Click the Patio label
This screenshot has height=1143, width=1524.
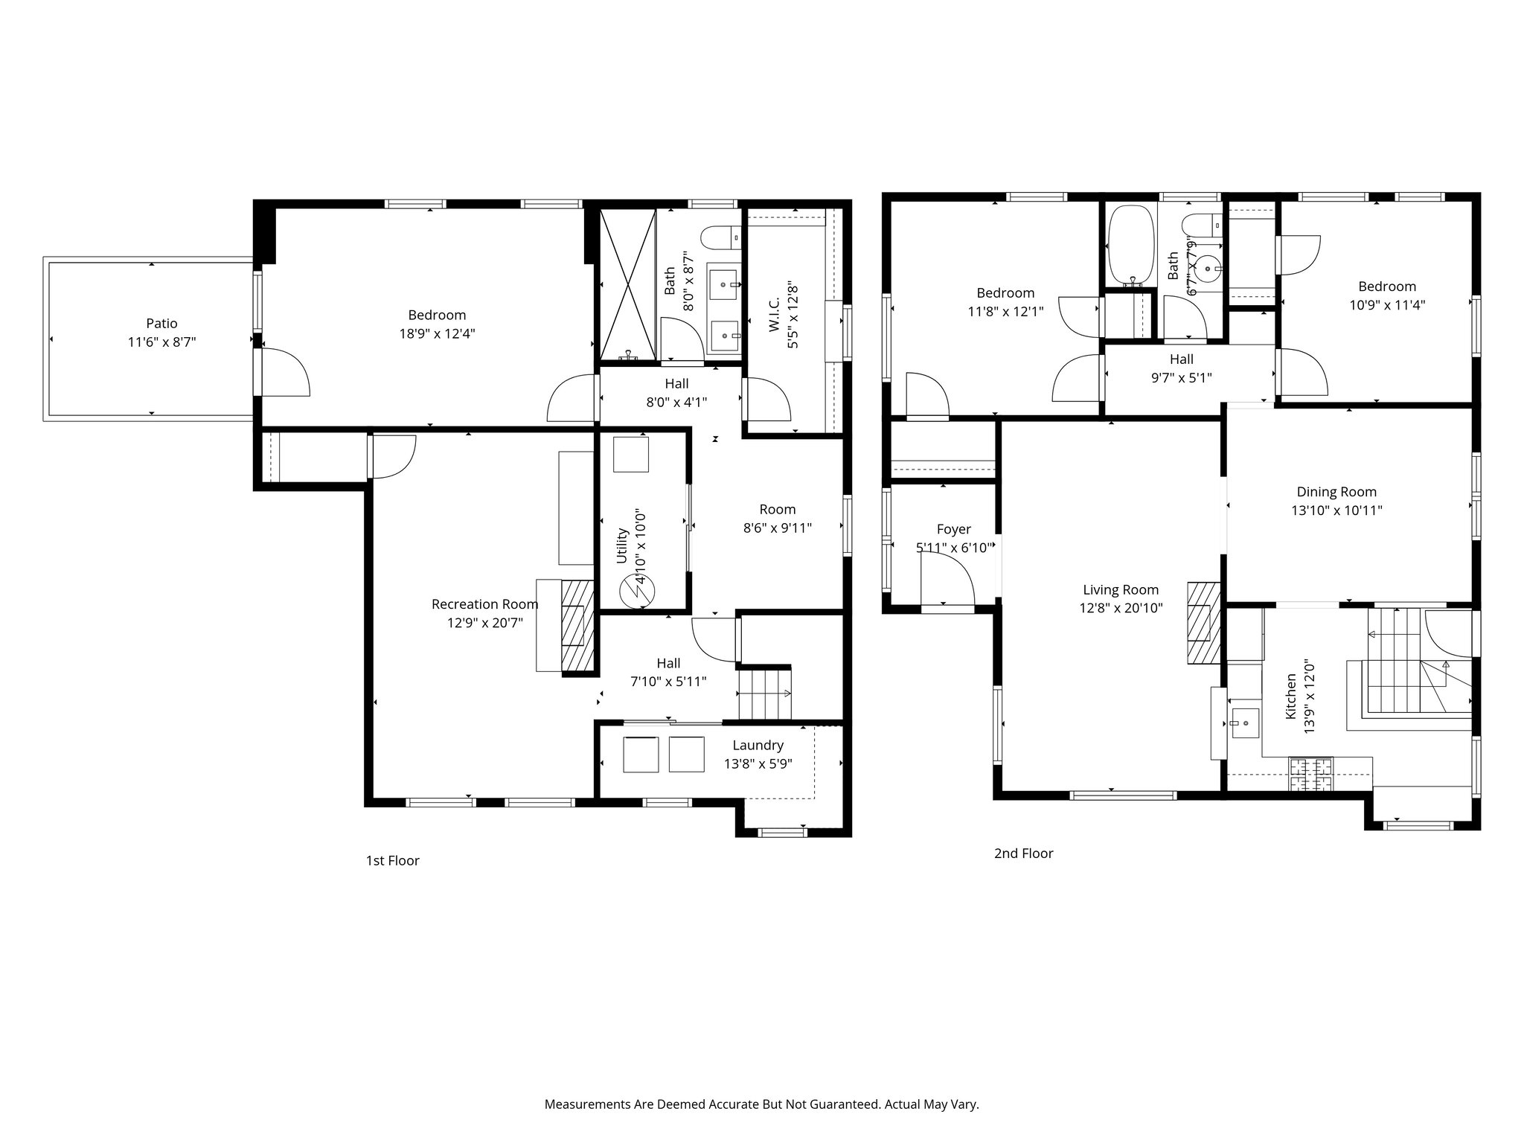[x=161, y=324]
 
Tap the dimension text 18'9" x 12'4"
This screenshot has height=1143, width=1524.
[x=437, y=334]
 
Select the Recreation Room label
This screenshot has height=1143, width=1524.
[x=484, y=604]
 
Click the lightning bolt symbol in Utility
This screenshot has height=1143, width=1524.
[x=637, y=592]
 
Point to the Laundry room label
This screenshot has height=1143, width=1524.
[x=758, y=746]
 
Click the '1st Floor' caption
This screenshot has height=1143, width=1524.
[x=392, y=861]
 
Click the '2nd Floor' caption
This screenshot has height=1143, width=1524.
[x=1023, y=854]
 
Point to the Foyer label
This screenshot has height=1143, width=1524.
[x=953, y=529]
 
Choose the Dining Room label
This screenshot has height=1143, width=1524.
[x=1336, y=492]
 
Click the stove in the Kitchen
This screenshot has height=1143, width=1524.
[x=1311, y=774]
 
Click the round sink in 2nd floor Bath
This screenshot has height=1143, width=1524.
[x=1212, y=266]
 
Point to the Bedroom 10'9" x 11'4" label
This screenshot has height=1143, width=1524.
[x=1387, y=286]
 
